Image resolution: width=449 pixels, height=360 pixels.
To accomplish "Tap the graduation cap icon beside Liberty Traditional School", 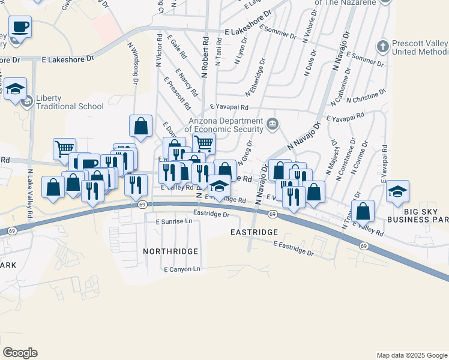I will click(26, 103).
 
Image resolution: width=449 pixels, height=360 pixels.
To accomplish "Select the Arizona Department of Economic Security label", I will click(224, 124).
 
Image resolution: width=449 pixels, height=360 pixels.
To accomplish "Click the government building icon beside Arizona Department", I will click(273, 125).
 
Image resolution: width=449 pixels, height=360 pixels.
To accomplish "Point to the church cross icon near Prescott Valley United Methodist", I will click(383, 46).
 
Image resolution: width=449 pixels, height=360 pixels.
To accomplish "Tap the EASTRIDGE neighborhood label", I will click(255, 231).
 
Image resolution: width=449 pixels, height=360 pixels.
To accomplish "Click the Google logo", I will click(20, 353).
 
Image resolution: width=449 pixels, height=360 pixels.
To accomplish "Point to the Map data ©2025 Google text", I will click(411, 355).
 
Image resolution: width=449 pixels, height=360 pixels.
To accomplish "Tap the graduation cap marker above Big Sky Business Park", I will click(397, 192).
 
